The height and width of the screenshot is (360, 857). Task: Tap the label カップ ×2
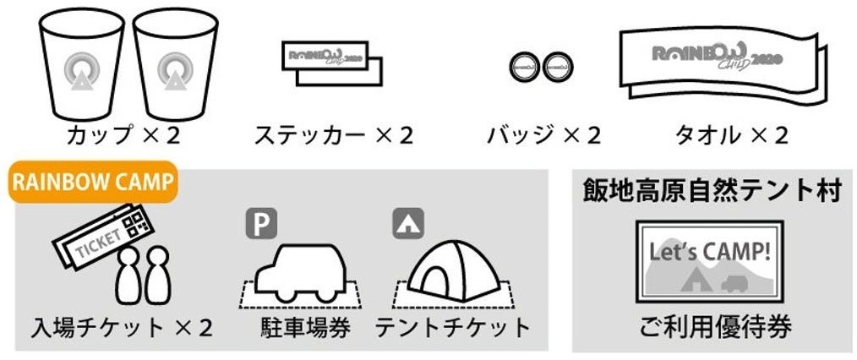(124, 135)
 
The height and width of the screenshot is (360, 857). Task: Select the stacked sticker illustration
(330, 63)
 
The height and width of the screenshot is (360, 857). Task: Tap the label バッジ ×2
(543, 135)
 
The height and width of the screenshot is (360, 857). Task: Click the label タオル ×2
(731, 135)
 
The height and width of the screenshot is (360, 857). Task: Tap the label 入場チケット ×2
(123, 326)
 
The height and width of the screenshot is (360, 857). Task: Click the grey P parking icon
(261, 222)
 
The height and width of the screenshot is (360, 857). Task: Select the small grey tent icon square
(408, 222)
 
